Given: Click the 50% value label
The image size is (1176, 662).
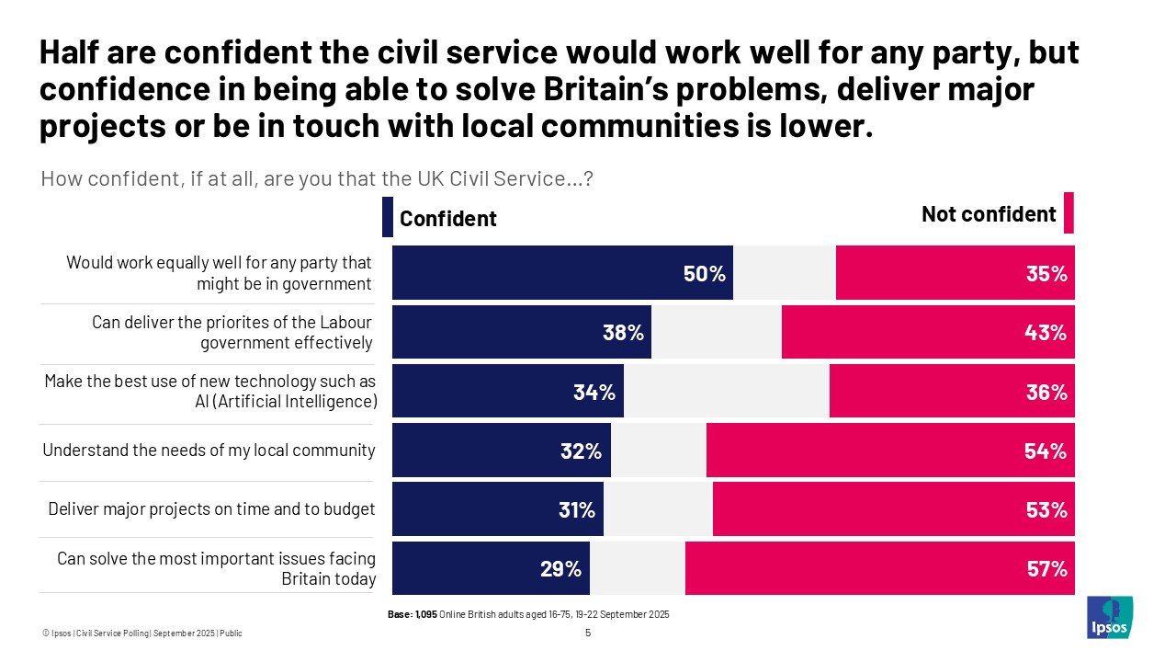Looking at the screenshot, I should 705,273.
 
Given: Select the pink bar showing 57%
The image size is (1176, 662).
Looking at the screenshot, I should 879,568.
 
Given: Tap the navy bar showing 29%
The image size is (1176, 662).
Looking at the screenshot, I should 491,568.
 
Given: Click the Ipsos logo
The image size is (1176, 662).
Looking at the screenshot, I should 1110,617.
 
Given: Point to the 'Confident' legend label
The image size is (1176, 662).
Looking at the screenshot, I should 447,219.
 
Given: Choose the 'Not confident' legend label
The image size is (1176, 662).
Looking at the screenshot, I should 989,214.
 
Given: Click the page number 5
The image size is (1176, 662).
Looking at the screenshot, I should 588,633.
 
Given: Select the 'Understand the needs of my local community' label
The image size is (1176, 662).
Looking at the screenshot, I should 209,451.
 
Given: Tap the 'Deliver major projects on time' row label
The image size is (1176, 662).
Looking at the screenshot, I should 212,509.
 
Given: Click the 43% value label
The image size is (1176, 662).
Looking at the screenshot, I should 1046,333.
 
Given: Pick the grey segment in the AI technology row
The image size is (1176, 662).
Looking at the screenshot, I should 726,392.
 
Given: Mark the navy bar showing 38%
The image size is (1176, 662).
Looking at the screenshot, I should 521,333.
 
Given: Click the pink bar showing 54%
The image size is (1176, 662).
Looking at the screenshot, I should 889,451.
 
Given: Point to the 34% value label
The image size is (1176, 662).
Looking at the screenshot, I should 594,393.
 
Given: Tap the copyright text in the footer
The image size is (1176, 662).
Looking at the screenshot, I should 142,633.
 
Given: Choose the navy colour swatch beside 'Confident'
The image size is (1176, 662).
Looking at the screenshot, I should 387,217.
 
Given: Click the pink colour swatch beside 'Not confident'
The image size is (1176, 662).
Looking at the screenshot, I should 1069,213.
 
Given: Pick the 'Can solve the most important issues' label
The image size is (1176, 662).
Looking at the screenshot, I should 217,568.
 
